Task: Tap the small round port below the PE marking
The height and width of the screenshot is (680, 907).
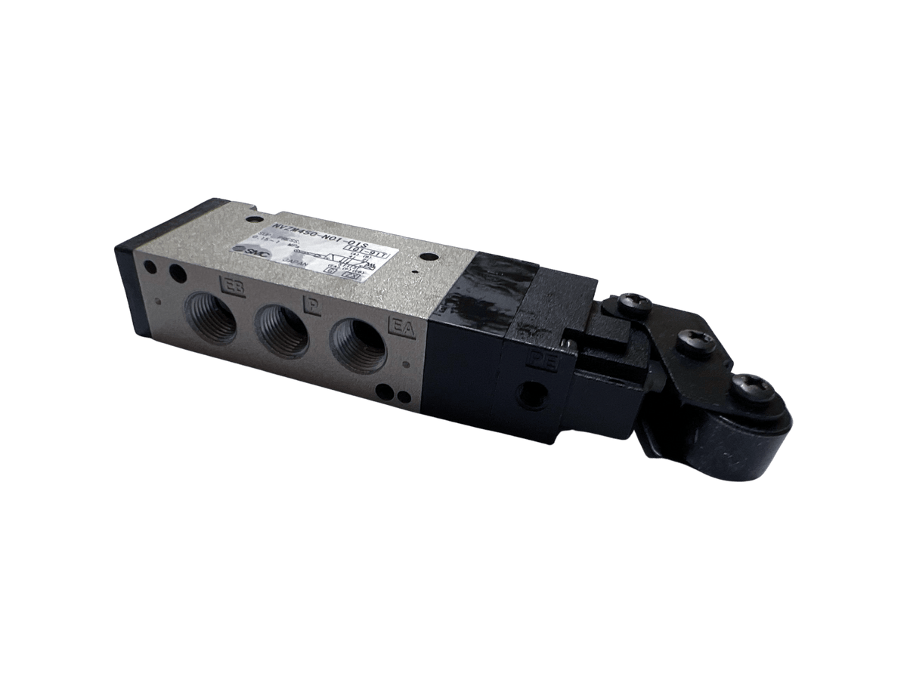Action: pyautogui.click(x=538, y=394)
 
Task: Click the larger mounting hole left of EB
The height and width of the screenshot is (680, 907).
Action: pyautogui.click(x=177, y=273)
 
